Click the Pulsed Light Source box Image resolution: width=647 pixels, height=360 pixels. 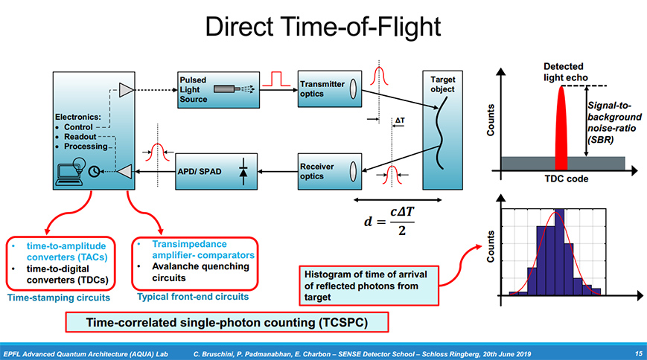click(216, 89)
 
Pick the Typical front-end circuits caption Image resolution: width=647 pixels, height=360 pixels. click(193, 297)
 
